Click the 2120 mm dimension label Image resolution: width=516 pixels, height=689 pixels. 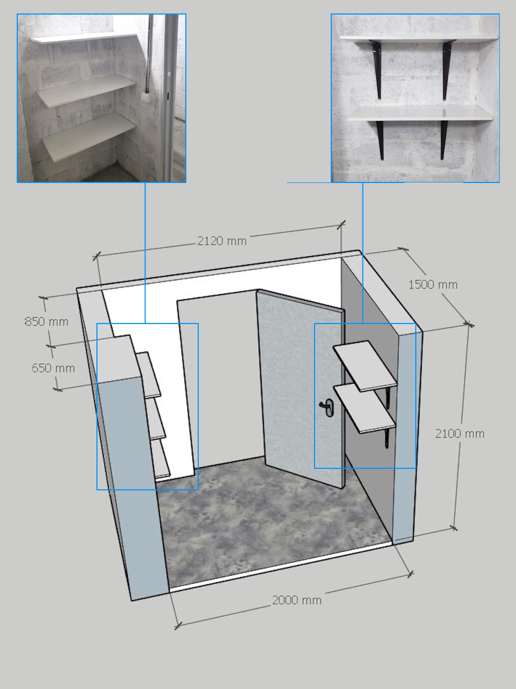(x=222, y=241)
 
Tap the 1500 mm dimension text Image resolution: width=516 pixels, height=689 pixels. (x=433, y=284)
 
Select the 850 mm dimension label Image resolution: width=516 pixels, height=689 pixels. (x=46, y=321)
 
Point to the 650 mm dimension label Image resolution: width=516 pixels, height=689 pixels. (x=53, y=368)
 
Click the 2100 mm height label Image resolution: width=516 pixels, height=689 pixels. (x=460, y=433)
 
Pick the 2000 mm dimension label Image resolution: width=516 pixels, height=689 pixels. (x=297, y=600)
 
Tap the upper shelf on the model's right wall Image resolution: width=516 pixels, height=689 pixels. (x=365, y=366)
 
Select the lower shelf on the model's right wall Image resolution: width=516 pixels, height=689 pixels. (x=365, y=408)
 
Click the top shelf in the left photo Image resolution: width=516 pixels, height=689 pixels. (x=84, y=38)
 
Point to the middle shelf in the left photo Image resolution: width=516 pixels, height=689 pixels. (x=86, y=90)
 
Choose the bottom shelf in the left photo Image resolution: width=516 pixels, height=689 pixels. (x=89, y=137)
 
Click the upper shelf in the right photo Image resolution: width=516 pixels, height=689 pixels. (x=419, y=39)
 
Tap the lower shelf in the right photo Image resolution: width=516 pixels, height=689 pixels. (x=420, y=114)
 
